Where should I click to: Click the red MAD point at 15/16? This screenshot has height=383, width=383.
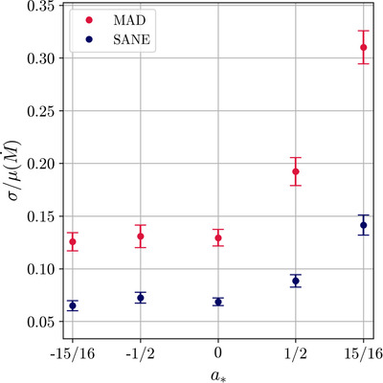[x=363, y=48]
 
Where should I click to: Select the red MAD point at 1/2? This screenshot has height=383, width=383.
[x=296, y=171]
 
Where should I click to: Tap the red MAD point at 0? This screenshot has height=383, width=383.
[x=218, y=237]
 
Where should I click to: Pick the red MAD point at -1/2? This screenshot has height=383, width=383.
[x=141, y=237]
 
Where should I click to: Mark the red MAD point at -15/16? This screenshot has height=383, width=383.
[x=73, y=241]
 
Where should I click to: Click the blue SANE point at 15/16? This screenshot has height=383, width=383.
[x=363, y=225]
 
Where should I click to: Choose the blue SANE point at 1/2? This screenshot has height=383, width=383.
[x=296, y=281]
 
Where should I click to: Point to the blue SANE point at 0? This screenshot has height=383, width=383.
[x=218, y=302]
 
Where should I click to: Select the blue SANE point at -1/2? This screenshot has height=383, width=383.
[x=141, y=298]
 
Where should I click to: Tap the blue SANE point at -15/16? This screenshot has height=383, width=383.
[x=73, y=305]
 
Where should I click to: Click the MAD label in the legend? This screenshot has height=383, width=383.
[x=129, y=20]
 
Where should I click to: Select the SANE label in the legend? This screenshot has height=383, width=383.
[x=132, y=40]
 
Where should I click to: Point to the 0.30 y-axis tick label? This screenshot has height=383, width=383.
[x=40, y=58]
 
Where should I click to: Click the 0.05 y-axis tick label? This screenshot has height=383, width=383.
[x=40, y=322]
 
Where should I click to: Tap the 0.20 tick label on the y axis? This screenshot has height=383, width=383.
[x=40, y=164]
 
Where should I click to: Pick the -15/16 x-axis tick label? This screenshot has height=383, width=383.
[x=73, y=353]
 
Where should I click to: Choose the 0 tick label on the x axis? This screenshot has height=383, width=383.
[x=218, y=353]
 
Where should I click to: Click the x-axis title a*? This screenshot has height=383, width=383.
[x=218, y=375]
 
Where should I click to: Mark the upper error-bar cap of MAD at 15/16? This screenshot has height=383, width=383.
[x=363, y=31]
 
